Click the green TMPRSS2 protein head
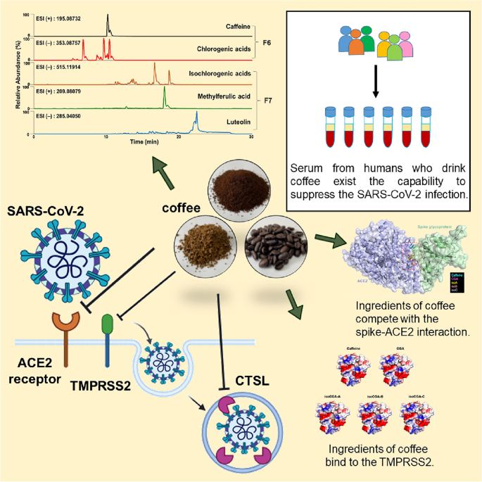[106, 303]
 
